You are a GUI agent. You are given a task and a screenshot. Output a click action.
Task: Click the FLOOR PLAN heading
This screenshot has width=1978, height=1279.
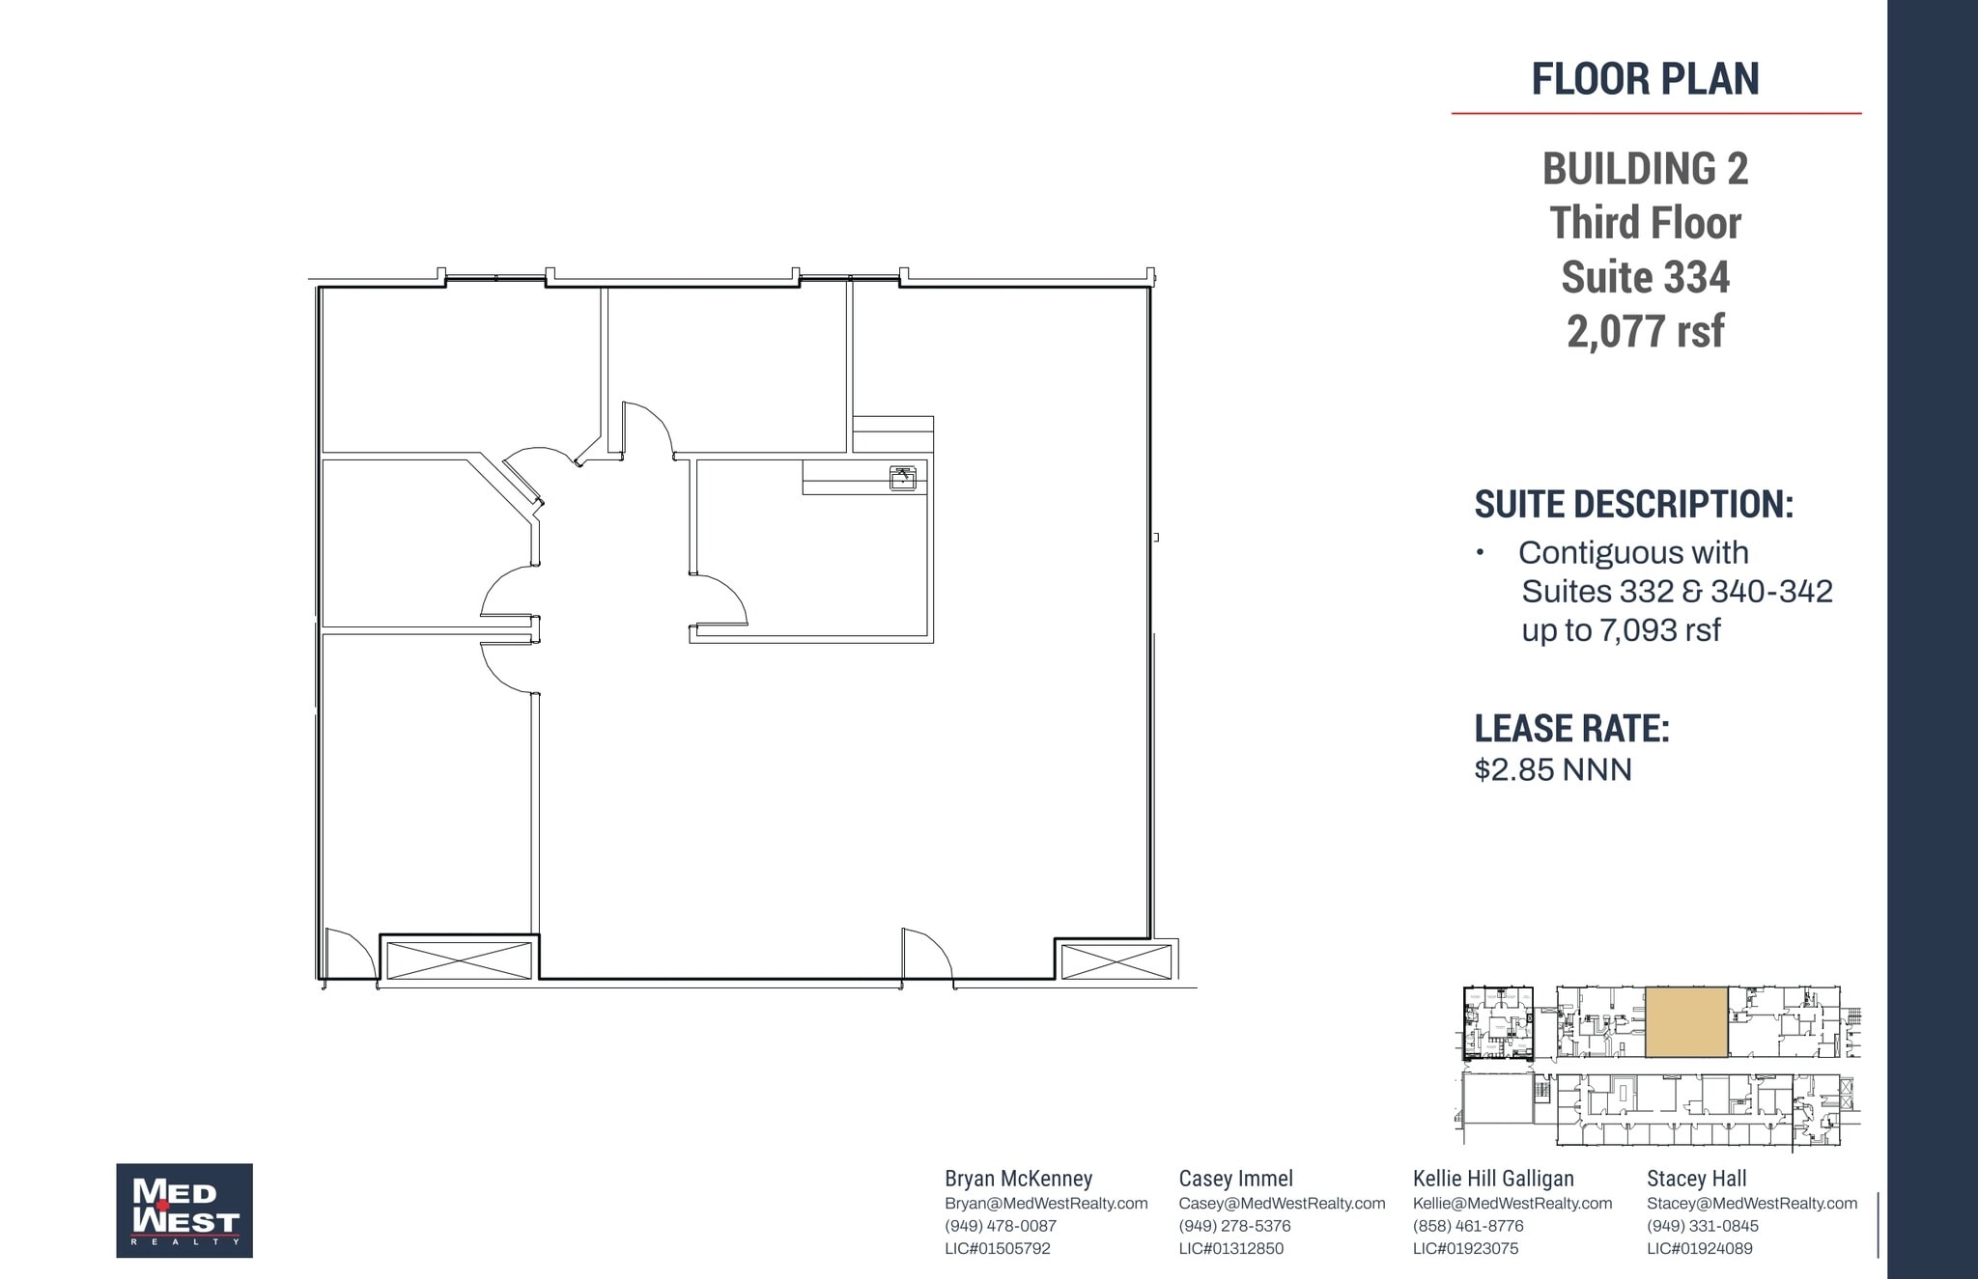1645,79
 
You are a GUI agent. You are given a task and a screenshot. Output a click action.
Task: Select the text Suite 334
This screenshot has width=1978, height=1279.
1645,277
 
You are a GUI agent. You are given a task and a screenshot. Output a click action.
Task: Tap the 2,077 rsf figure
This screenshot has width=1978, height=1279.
1645,331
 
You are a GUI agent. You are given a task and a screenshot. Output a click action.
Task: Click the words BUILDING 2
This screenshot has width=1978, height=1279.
1645,169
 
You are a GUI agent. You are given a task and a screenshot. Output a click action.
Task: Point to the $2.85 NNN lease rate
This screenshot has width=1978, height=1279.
1552,769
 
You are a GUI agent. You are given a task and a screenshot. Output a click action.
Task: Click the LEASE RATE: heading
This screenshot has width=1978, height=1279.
1570,728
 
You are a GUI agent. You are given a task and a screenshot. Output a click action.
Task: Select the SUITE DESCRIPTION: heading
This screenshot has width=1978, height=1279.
1632,504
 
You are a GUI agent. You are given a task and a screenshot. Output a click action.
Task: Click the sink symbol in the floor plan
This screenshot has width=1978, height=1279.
902,478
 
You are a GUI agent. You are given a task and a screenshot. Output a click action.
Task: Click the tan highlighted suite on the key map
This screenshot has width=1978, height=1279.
1685,1021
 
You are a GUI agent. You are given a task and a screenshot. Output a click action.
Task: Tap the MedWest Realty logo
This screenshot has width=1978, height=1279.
184,1209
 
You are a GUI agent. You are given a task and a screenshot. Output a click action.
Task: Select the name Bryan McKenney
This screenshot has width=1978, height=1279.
1018,1179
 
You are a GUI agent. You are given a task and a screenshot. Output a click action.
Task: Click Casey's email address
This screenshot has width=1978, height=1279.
1282,1204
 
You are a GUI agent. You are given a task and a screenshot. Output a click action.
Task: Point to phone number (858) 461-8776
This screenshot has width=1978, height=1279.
1467,1226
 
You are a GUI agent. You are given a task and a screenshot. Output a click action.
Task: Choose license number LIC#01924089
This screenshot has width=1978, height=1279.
1699,1248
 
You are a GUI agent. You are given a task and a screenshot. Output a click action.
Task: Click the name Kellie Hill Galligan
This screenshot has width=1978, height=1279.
1492,1179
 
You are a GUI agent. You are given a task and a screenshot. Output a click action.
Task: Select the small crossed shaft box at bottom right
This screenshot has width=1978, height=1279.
1116,961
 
